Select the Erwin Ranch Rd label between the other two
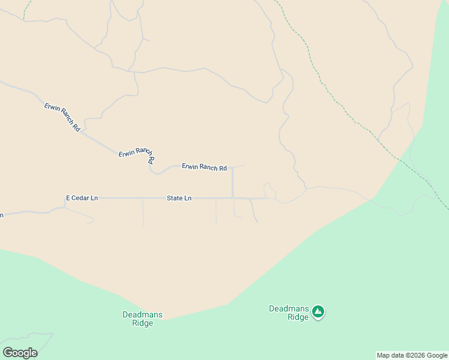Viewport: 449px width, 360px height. pos(137,155)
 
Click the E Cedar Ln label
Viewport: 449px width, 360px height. pos(82,198)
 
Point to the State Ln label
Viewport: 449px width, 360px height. pos(179,198)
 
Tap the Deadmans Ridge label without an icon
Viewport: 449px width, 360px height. pos(142,319)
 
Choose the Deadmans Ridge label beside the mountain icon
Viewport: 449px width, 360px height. pos(289,313)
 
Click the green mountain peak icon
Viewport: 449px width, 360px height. pos(318,311)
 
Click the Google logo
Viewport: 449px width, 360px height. pos(20,353)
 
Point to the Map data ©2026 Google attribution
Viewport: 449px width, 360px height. pos(412,355)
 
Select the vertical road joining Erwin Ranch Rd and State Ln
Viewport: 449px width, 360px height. pos(232,183)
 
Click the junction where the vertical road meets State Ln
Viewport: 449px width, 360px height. pos(232,197)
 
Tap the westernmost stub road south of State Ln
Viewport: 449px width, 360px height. pos(143,213)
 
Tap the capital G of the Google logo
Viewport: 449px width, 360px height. pos(8,353)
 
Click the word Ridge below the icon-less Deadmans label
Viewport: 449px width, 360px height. pos(142,323)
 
